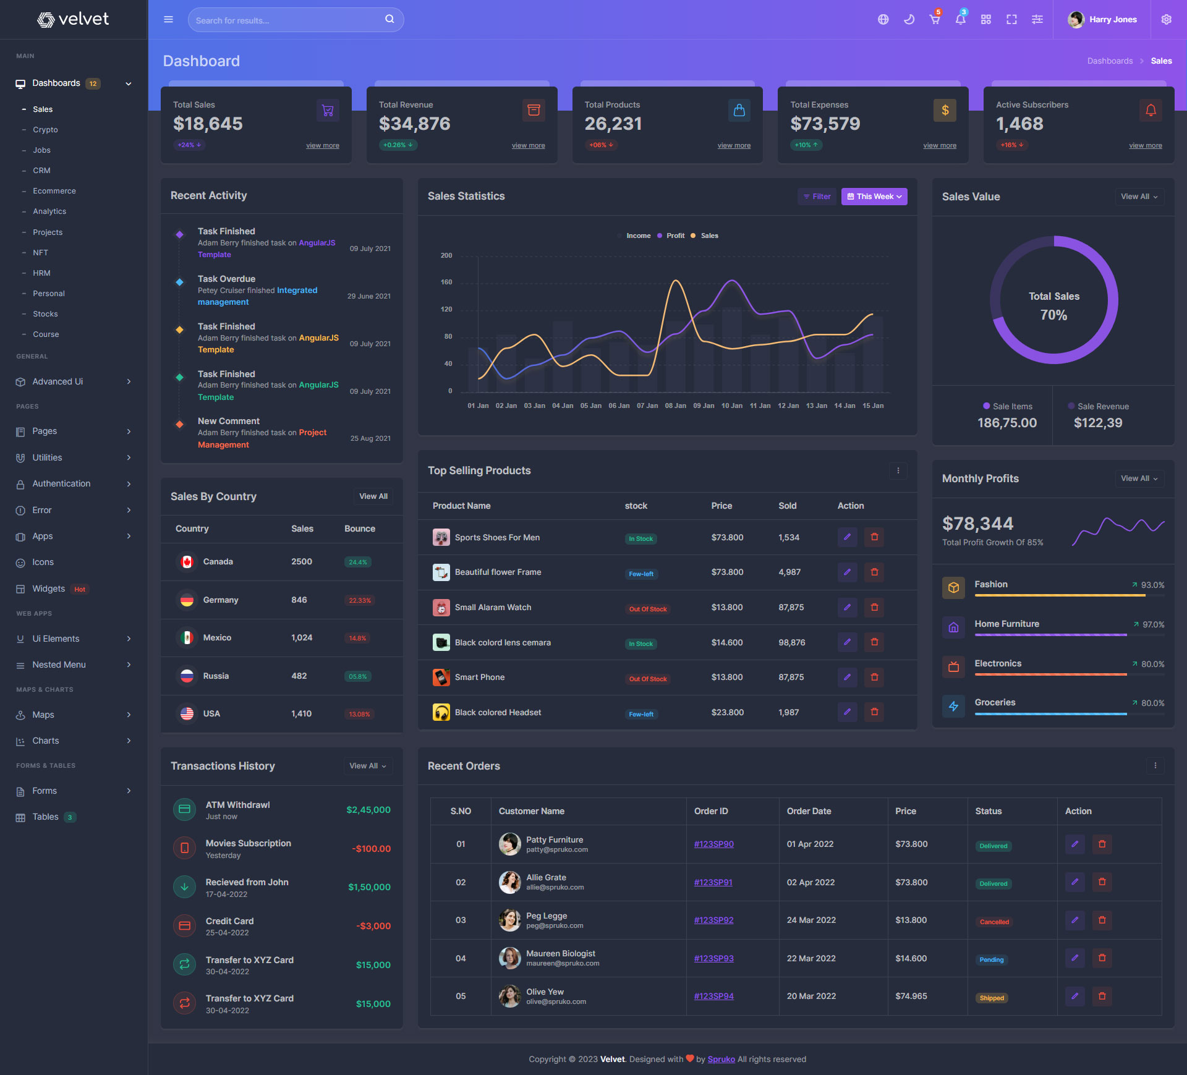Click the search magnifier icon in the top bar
coord(389,19)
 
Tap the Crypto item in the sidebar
coord(45,130)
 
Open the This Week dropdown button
coord(874,197)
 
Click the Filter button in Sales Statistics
coord(817,197)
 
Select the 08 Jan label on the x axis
coord(675,406)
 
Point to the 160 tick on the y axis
coord(446,283)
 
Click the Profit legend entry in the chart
coord(674,236)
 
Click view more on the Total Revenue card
coord(528,146)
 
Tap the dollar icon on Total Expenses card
coord(944,111)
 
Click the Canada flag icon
coord(187,562)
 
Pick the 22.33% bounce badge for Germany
coord(359,601)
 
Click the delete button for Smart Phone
coord(874,678)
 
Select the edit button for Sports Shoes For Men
coord(847,537)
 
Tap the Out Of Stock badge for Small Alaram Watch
coord(647,610)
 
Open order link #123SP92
coord(713,920)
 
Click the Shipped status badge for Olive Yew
coord(991,998)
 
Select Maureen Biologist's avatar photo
coord(509,958)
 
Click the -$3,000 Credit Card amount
coord(373,926)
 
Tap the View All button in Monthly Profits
coord(1139,478)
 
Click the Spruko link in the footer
coord(721,1060)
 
